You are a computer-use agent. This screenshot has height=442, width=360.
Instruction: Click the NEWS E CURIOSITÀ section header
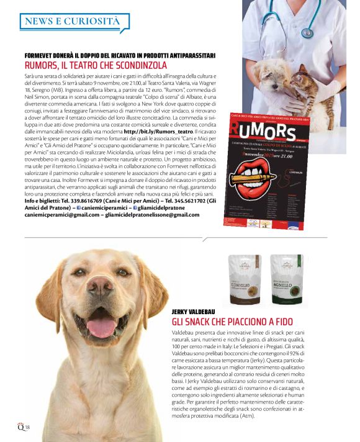70,21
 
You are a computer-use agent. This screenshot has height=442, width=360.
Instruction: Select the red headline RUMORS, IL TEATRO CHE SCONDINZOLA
96,66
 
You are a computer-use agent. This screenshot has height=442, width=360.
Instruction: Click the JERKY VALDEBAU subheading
198,312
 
